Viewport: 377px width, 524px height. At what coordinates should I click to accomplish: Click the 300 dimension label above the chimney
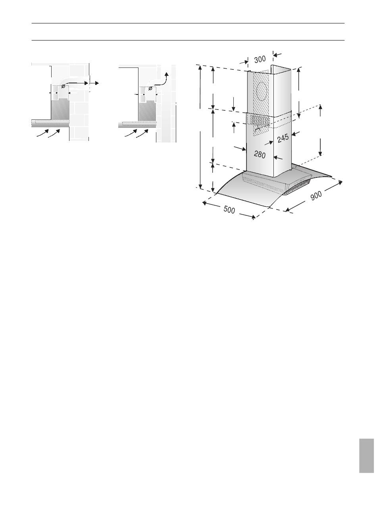coord(260,59)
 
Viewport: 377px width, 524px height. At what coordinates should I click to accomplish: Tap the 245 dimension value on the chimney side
coord(283,138)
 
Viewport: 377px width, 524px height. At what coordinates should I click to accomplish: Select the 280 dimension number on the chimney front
coord(260,154)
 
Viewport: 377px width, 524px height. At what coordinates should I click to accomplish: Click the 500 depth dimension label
coord(229,210)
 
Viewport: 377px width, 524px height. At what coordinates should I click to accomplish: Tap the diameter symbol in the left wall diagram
coord(63,86)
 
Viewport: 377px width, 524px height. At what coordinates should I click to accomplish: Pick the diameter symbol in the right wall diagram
coord(150,89)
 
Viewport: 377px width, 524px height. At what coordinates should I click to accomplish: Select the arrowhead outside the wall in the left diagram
coord(97,83)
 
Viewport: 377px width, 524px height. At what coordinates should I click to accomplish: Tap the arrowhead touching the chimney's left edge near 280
coord(243,149)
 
